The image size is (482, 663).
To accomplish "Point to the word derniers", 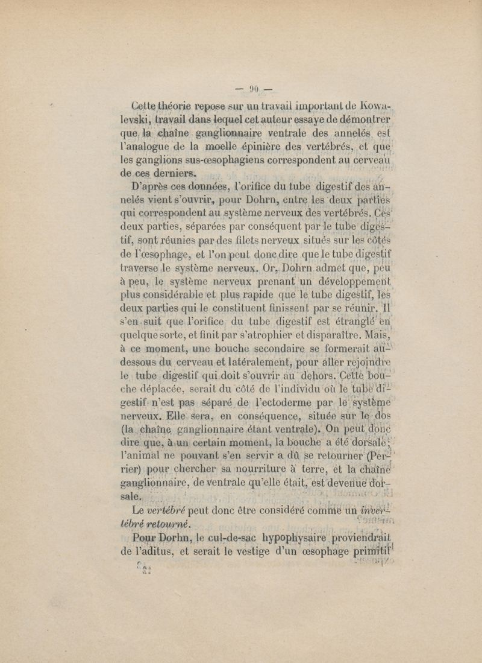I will click(x=184, y=174).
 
